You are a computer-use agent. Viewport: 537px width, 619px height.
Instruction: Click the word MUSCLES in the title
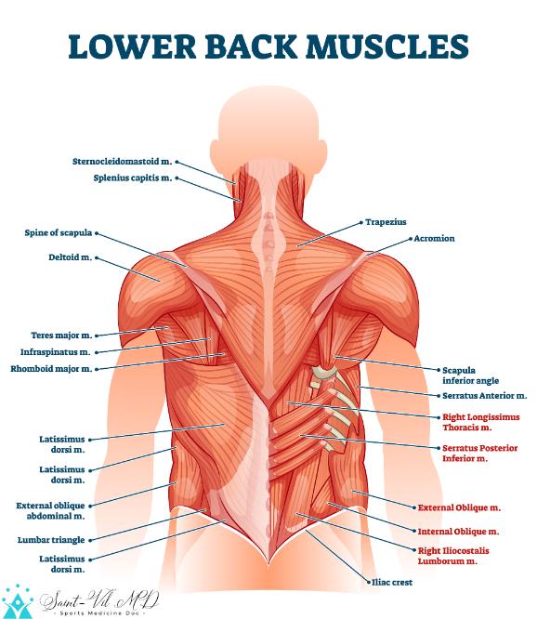point(387,46)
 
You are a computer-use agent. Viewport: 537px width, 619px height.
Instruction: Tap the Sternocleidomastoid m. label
point(123,162)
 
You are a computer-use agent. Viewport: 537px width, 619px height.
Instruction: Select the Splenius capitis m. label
point(133,178)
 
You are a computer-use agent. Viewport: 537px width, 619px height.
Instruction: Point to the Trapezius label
point(386,222)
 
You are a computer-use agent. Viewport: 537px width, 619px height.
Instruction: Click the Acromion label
point(434,239)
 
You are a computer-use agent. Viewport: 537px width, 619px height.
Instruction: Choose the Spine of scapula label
point(59,233)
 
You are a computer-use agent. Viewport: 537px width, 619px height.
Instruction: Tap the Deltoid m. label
point(71,257)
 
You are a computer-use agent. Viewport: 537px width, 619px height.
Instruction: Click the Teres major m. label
point(61,336)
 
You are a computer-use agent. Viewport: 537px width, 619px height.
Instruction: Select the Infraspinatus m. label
point(55,352)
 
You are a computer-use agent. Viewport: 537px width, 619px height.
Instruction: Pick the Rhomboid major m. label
point(51,369)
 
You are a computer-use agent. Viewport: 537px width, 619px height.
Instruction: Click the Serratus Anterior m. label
point(485,396)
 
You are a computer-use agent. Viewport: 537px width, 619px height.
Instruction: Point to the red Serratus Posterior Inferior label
point(479,454)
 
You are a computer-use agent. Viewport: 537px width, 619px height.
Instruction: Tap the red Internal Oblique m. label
point(458,532)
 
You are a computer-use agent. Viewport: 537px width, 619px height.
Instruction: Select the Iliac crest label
point(392,582)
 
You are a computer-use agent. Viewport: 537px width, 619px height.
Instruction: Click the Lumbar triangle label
point(51,540)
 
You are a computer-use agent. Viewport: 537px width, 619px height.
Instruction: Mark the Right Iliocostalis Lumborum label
point(453,556)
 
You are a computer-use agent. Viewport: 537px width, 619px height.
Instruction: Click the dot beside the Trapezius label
point(361,223)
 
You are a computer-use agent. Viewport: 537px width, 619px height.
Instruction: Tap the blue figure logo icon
point(17,601)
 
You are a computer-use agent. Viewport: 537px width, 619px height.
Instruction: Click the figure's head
point(268,130)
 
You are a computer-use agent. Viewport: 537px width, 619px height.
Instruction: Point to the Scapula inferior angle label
point(470,375)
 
